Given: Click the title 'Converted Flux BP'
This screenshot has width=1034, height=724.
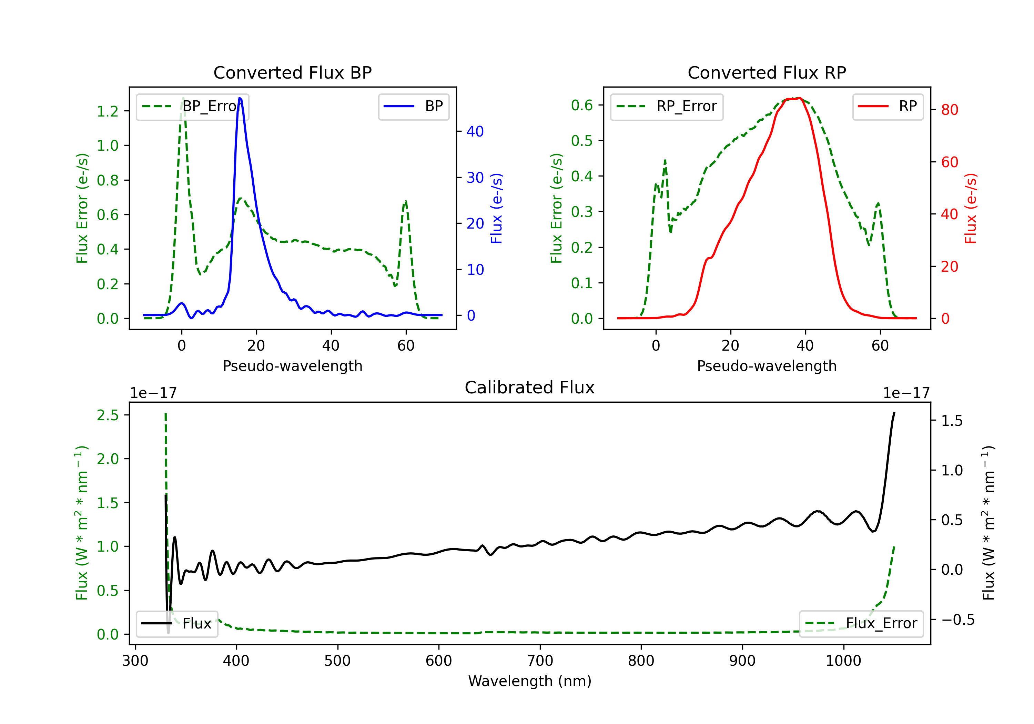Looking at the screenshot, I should point(292,72).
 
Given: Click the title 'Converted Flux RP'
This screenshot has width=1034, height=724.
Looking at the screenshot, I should point(767,72).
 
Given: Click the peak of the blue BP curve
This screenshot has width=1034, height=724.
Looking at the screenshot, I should point(240,98).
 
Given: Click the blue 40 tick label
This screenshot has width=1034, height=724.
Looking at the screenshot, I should point(475,132).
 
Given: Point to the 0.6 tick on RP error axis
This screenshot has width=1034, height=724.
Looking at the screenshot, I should point(582,105).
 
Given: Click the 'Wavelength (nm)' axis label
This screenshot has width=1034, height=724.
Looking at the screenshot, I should point(530,681).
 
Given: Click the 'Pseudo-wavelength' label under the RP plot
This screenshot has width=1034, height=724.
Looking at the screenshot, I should point(767,366).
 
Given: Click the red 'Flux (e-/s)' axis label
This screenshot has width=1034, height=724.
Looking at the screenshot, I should point(971,208).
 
